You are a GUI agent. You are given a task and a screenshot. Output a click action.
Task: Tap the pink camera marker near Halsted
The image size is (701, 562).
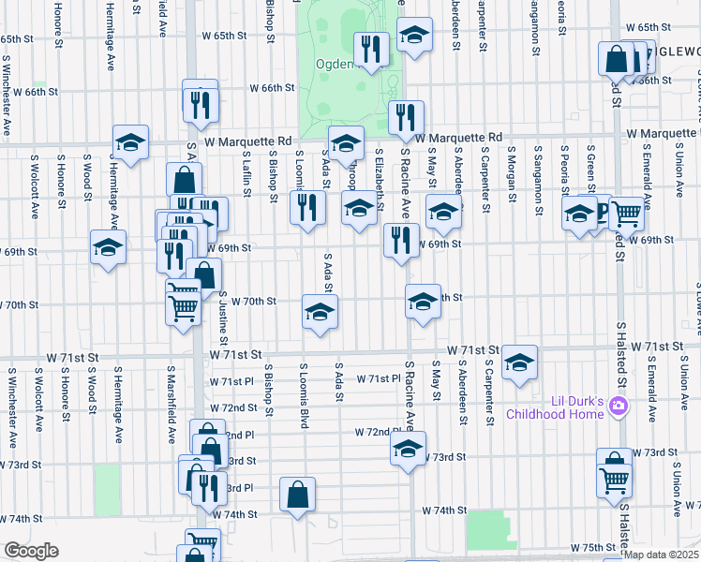click(618, 407)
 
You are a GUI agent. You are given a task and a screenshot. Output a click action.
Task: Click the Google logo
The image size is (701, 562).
click(31, 551)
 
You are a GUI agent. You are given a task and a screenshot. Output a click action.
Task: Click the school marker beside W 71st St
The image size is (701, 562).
click(519, 362)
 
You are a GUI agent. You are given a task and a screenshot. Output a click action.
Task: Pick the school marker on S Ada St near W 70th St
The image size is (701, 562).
click(320, 312)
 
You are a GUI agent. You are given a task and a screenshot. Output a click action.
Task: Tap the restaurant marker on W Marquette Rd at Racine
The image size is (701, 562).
click(406, 117)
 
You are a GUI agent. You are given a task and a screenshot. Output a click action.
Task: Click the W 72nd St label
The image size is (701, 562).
click(233, 407)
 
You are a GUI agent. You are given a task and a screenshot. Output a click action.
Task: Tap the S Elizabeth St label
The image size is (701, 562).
click(380, 174)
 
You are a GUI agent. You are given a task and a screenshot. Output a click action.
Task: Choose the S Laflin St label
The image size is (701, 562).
click(246, 174)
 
